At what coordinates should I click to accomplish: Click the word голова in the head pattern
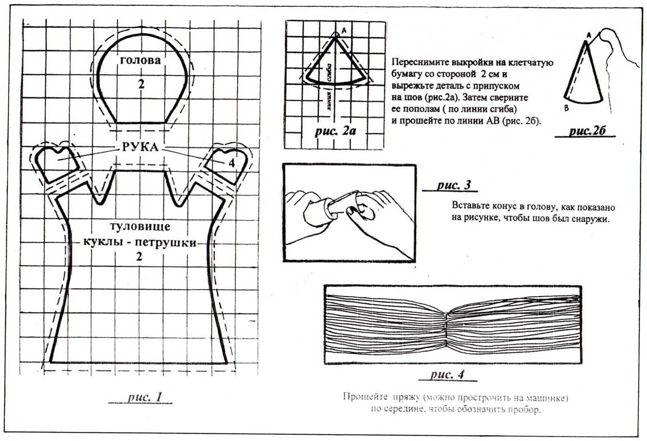(x=141, y=61)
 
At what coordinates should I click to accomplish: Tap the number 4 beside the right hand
(x=231, y=163)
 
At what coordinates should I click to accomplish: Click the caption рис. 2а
(x=336, y=131)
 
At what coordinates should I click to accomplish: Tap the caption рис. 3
(x=454, y=185)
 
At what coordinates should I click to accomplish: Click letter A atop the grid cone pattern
(x=344, y=30)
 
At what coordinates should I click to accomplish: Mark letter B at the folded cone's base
(x=566, y=108)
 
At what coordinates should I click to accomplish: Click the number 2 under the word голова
(x=141, y=84)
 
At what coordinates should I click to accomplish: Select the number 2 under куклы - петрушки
(x=139, y=257)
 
